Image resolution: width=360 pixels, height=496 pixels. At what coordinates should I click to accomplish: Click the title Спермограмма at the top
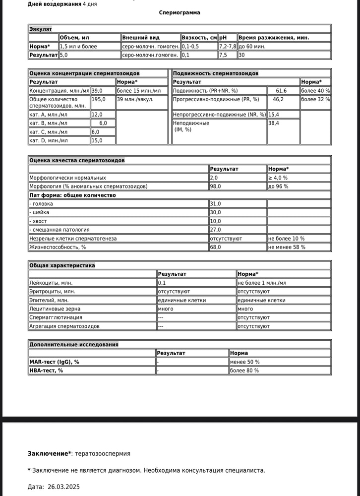(180, 12)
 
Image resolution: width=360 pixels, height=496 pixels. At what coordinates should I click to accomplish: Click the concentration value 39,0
(97, 91)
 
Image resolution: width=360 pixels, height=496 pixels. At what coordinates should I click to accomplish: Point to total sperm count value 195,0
(98, 99)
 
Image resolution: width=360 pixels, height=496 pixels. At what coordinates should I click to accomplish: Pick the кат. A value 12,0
(97, 115)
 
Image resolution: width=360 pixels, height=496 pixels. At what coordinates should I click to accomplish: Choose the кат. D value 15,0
(97, 140)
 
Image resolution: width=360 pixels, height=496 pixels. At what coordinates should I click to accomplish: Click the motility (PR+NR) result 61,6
(281, 91)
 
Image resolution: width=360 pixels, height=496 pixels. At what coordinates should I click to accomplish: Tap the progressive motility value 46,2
(278, 99)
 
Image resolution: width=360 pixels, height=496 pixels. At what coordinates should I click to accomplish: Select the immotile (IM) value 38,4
(274, 123)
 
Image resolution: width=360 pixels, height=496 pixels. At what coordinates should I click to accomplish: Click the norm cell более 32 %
(315, 99)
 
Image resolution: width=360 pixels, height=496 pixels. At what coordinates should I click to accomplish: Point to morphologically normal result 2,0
(214, 178)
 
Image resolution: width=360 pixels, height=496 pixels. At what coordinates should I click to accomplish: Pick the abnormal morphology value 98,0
(215, 186)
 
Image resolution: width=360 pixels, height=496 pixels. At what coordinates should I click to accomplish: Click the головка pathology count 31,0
(215, 204)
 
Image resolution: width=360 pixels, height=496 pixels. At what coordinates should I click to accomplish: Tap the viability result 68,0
(215, 247)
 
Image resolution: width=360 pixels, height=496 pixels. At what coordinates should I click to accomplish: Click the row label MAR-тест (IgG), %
(54, 362)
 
